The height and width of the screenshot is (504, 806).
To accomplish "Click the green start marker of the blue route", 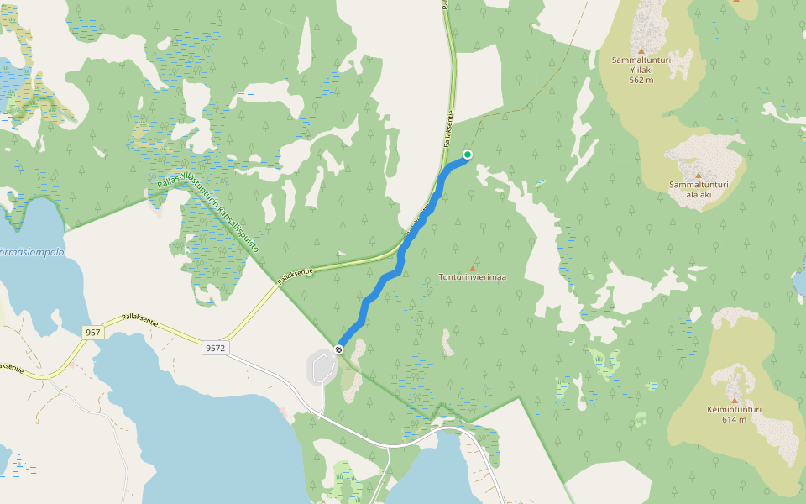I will point(468,155).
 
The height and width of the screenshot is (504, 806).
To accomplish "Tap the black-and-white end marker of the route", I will point(339,349).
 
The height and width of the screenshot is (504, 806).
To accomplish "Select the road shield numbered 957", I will point(93,333).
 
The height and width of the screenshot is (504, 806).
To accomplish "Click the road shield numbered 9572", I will point(216,347).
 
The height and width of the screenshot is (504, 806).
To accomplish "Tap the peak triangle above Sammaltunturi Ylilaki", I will point(641,50).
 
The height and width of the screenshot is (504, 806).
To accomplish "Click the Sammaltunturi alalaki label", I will point(697,189).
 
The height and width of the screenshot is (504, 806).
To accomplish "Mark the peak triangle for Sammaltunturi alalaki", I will point(697,174).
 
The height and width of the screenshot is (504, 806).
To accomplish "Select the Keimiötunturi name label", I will point(734,410).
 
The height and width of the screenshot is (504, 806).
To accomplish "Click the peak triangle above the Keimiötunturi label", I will point(735,399).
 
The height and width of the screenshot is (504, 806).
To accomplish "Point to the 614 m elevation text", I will point(734,419).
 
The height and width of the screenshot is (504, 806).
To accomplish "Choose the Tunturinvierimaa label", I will point(472,276).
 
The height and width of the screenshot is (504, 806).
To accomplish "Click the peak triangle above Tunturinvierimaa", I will point(472,267).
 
